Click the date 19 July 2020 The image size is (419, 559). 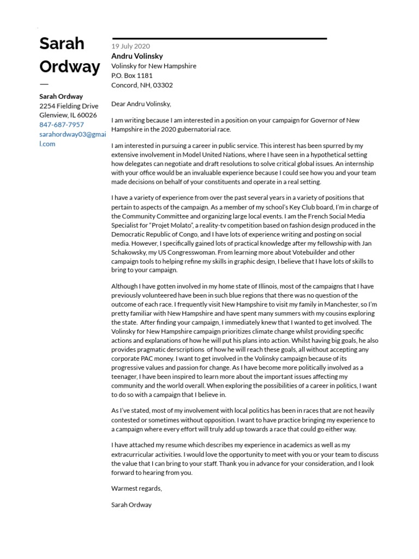(x=130, y=46)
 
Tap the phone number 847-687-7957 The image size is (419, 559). (x=61, y=125)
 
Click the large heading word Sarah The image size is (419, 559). (x=62, y=44)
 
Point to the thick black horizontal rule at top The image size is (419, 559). (x=219, y=39)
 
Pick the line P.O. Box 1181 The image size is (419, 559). (x=131, y=75)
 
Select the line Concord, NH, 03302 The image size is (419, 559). (x=142, y=85)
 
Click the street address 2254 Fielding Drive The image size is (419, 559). (x=69, y=106)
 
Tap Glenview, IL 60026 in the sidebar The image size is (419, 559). (x=68, y=115)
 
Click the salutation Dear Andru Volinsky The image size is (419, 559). (x=141, y=104)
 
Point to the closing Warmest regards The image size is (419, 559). (x=136, y=488)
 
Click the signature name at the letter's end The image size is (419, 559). (x=131, y=505)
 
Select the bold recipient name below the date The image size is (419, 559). (x=137, y=56)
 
